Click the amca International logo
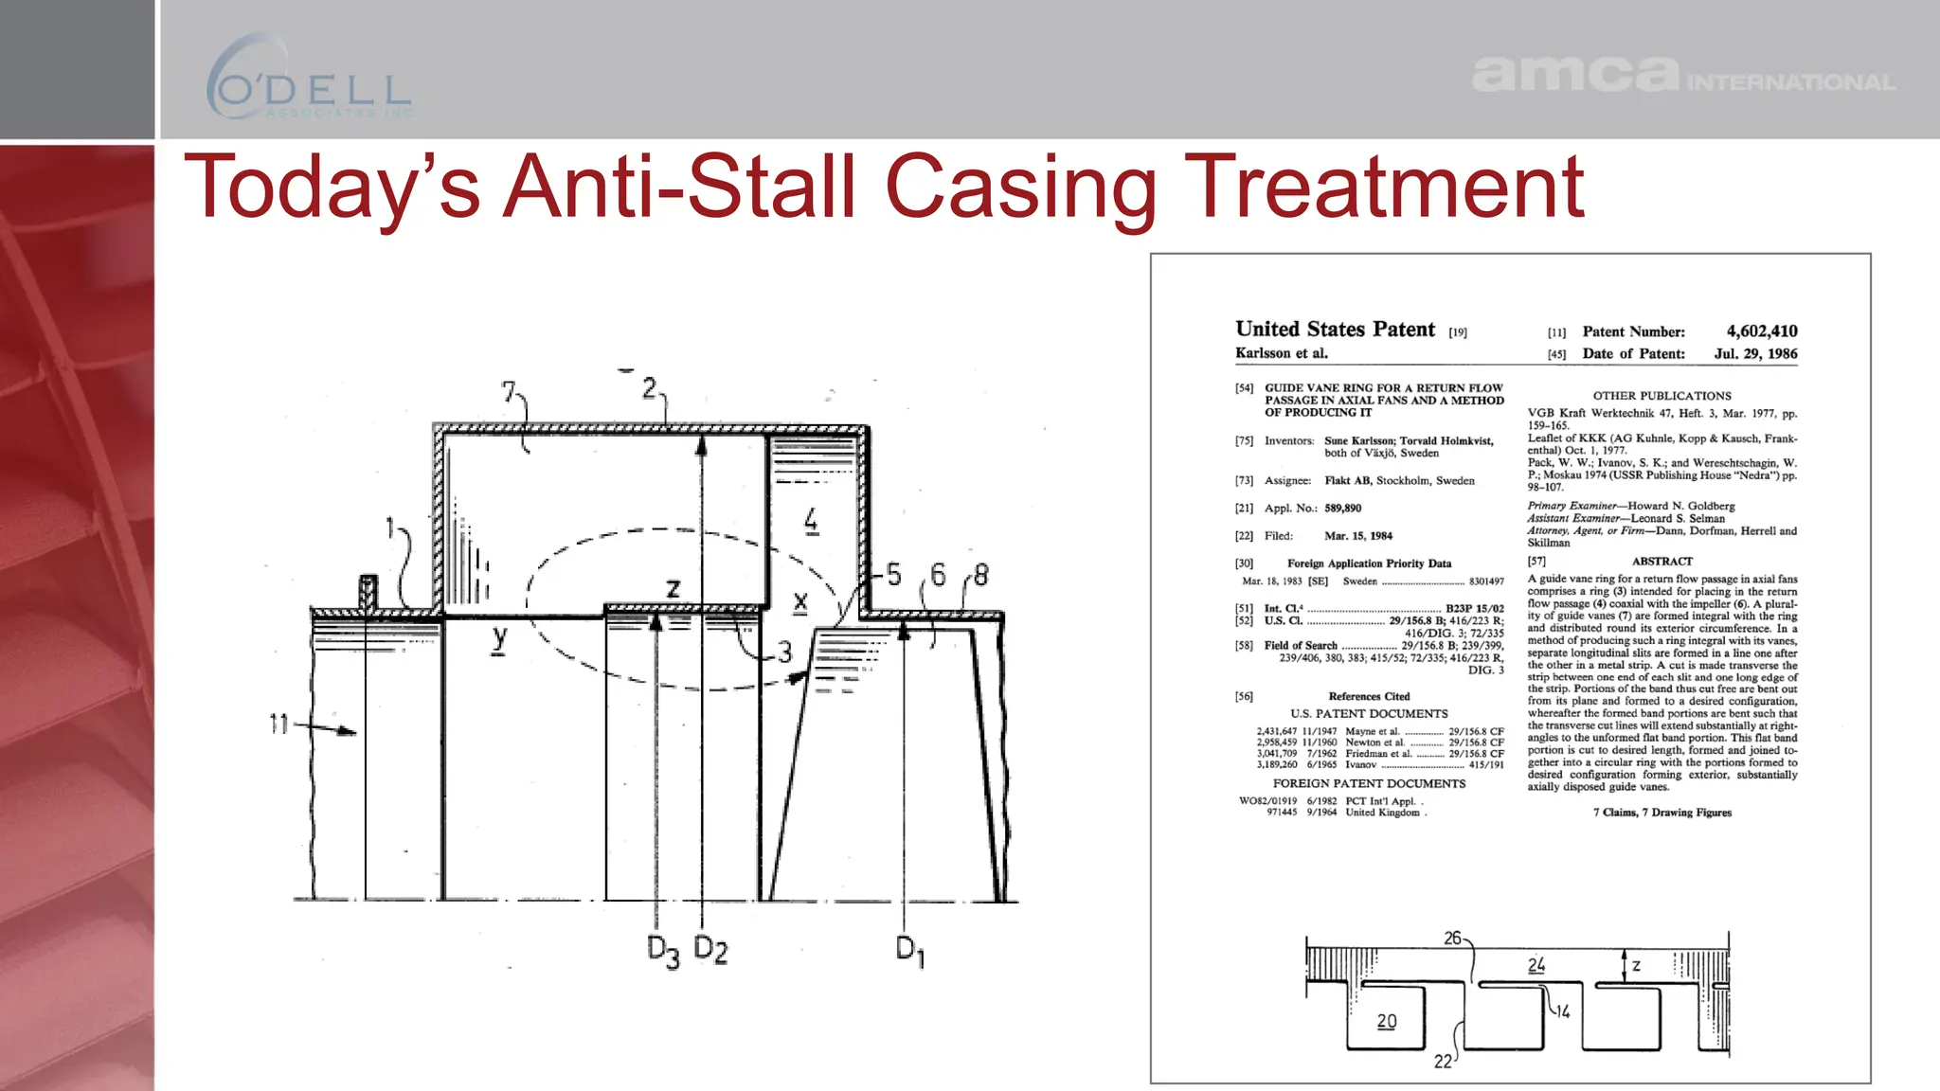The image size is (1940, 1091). click(1682, 75)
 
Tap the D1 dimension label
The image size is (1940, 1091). click(909, 950)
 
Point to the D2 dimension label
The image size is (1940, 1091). click(710, 948)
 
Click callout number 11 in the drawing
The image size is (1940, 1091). click(278, 724)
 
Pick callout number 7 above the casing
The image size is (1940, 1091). click(510, 391)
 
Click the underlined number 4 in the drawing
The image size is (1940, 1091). click(811, 520)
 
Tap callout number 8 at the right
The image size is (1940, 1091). click(980, 575)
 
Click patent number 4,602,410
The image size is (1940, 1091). click(1761, 331)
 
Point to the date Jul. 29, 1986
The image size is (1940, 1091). click(1755, 353)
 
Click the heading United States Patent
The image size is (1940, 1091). click(1335, 330)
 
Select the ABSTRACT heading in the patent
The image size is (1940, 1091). click(1662, 562)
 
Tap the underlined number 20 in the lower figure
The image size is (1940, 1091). click(1386, 1022)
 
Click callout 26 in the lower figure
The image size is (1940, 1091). click(1452, 938)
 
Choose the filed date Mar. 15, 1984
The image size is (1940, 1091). click(1357, 536)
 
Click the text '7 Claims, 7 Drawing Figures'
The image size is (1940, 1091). click(1662, 813)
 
